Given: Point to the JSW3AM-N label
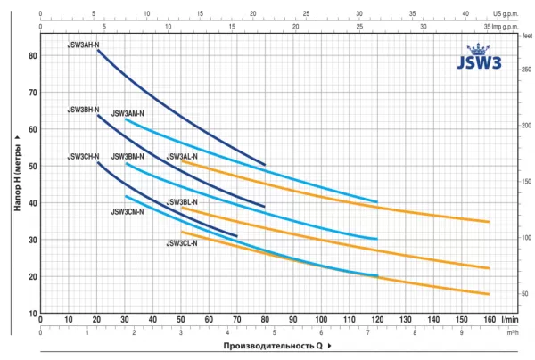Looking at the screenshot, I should tap(128, 114).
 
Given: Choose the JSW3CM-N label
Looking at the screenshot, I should tap(128, 212).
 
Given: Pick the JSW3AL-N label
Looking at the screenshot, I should tap(182, 157).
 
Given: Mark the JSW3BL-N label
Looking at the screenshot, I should tap(182, 202).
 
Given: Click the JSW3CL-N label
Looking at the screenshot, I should tap(182, 242).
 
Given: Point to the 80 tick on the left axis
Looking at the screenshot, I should tap(33, 55).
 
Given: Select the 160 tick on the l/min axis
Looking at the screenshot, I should tap(489, 319).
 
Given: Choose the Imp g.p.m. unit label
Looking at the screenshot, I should tap(512, 27).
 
